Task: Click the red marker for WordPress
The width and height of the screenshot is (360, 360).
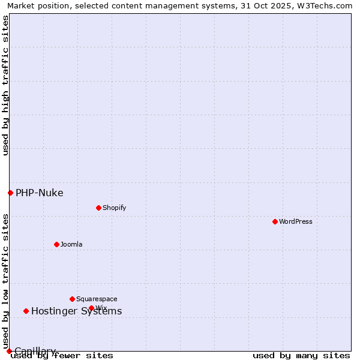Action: (x=275, y=221)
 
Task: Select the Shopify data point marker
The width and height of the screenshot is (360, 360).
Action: (x=98, y=208)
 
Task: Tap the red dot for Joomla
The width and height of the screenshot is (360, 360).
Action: (x=56, y=244)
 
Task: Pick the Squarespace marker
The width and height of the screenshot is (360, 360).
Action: (x=72, y=299)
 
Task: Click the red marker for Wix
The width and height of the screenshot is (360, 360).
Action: (x=91, y=308)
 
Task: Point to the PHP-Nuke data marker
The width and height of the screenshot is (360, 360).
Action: (x=10, y=193)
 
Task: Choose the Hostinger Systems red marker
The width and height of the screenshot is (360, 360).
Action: (x=26, y=311)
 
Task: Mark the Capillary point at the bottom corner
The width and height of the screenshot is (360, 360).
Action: (x=9, y=351)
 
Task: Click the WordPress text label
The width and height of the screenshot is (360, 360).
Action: (x=296, y=221)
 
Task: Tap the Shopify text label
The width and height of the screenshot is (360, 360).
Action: (x=114, y=208)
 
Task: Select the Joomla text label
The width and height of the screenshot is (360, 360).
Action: (x=71, y=244)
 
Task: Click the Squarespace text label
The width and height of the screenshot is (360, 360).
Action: (x=97, y=299)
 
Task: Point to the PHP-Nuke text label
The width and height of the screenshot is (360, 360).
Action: (x=40, y=193)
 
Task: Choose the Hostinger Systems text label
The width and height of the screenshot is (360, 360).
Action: (x=76, y=311)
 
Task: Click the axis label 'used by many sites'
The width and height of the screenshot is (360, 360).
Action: (x=301, y=355)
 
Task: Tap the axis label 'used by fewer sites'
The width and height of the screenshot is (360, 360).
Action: (x=62, y=355)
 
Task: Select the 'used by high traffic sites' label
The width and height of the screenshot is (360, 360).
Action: (x=5, y=85)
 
